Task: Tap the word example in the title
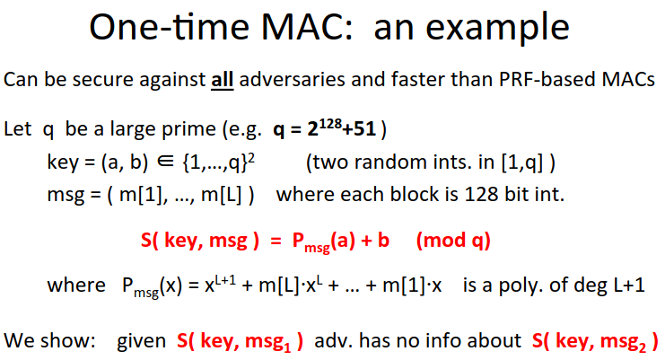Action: (x=497, y=30)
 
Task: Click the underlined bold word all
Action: (x=223, y=79)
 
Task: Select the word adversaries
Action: (x=292, y=79)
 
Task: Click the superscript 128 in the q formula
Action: (x=330, y=124)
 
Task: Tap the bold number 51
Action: (x=365, y=129)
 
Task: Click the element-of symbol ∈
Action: (x=165, y=162)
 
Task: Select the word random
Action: (x=388, y=162)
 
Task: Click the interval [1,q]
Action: (x=521, y=162)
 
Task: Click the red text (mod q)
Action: (x=453, y=241)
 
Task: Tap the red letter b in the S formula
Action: (x=383, y=240)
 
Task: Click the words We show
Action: (x=49, y=340)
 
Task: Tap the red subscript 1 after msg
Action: (x=287, y=347)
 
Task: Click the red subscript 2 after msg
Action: (x=642, y=347)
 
